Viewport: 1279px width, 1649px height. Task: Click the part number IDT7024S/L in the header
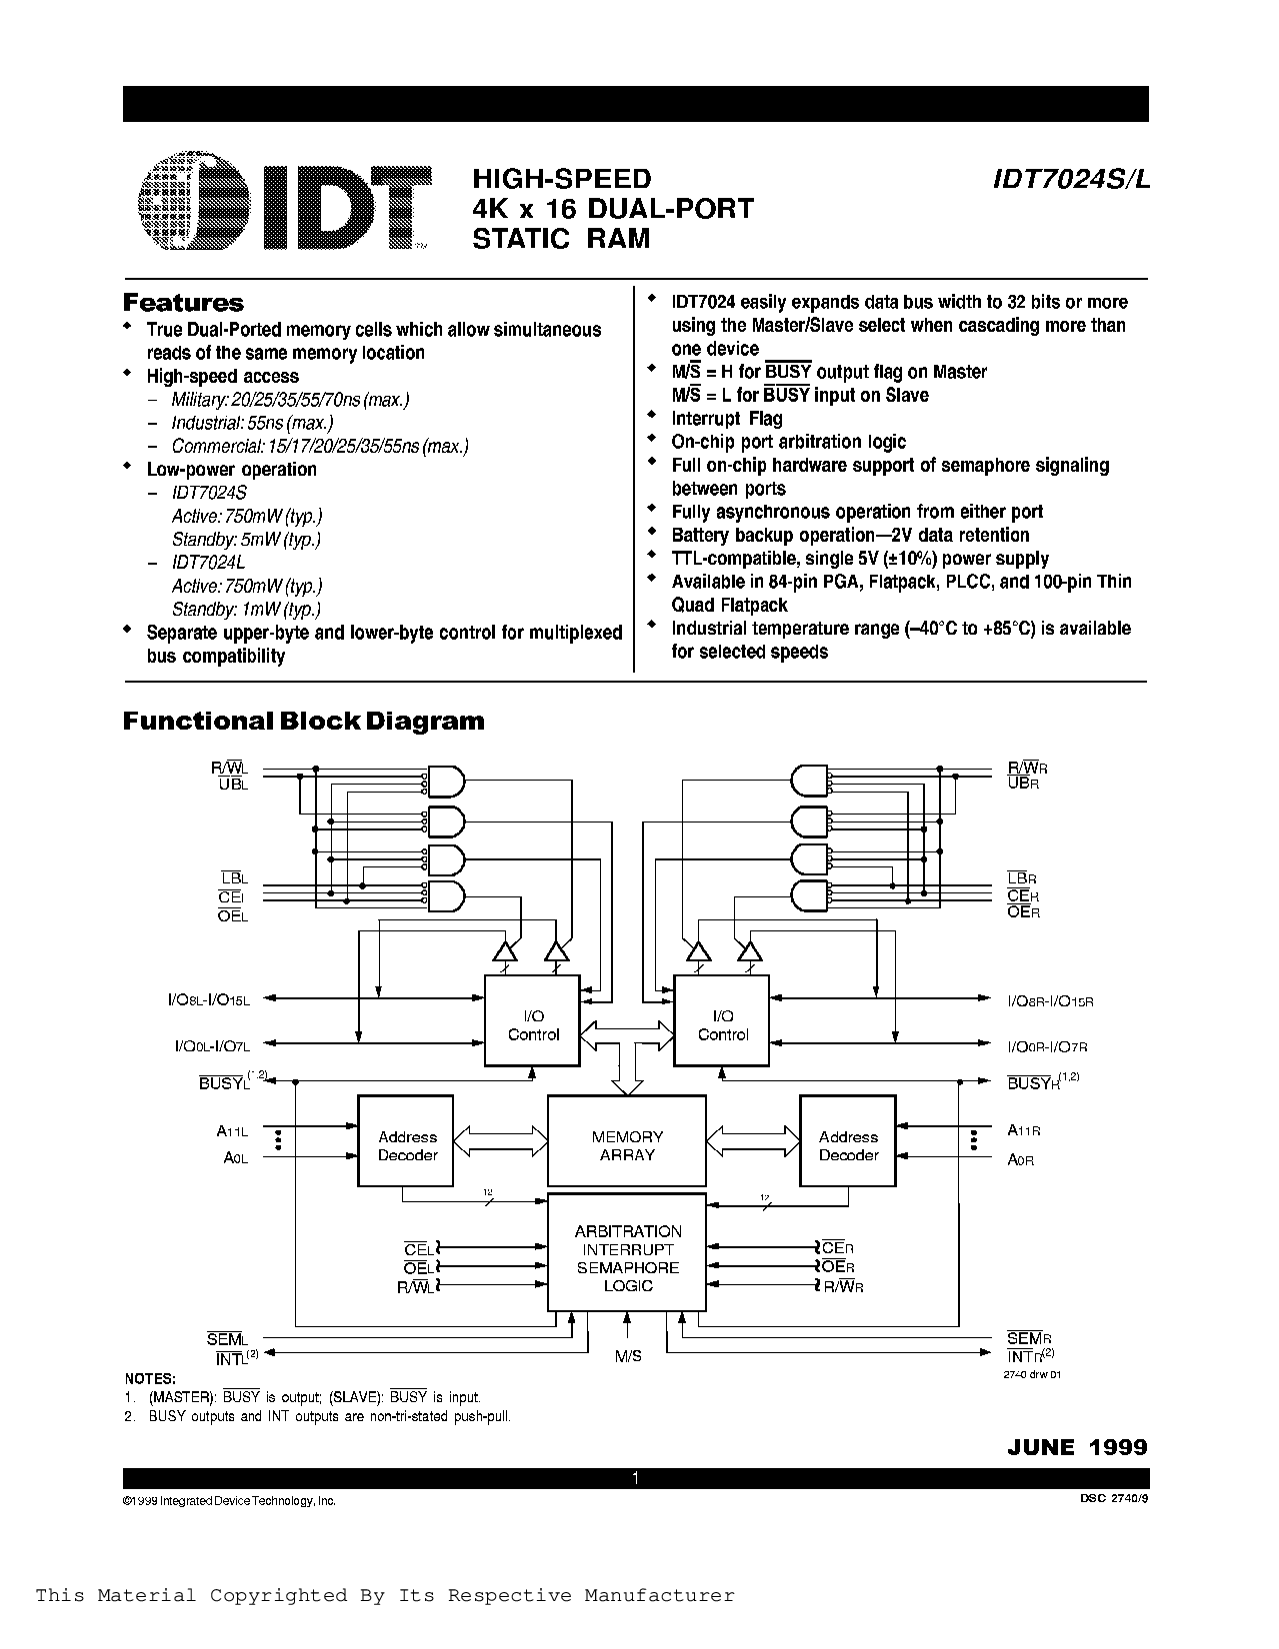point(1071,179)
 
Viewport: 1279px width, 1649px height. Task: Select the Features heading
point(183,303)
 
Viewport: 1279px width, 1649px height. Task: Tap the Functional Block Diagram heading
point(303,721)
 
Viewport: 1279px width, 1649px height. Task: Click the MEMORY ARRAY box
point(627,1145)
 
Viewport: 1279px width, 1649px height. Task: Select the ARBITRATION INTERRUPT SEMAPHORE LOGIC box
point(627,1258)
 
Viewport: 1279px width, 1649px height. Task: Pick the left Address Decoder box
point(406,1145)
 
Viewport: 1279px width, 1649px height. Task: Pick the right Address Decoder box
point(848,1145)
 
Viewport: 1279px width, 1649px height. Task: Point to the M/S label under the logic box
point(628,1356)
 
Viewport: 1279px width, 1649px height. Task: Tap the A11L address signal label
point(232,1131)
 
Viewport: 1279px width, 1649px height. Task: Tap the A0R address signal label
point(1020,1160)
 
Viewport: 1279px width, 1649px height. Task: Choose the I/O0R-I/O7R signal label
point(1047,1046)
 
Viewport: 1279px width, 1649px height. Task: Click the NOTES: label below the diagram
point(150,1379)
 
